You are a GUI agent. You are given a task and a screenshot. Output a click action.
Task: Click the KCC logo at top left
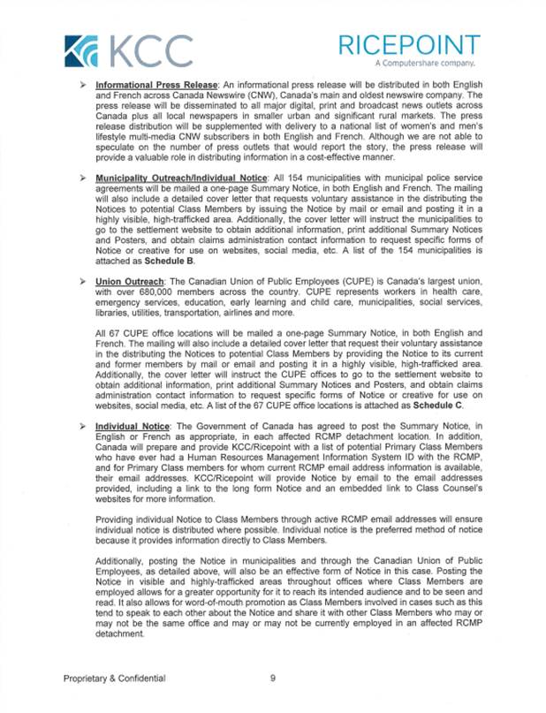(x=129, y=49)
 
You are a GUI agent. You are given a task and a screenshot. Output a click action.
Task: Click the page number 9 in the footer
(x=273, y=679)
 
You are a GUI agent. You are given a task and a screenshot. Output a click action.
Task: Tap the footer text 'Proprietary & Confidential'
(x=114, y=679)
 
